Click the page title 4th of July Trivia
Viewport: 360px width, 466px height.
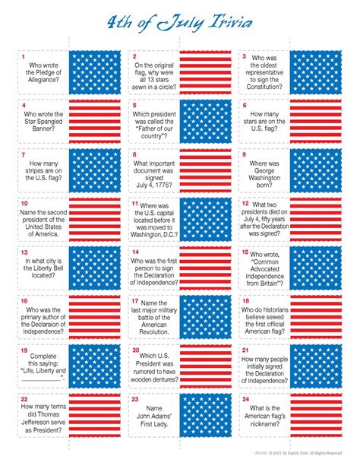coord(180,26)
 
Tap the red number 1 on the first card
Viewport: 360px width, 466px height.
coord(24,57)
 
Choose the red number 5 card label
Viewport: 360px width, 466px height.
coord(134,106)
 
